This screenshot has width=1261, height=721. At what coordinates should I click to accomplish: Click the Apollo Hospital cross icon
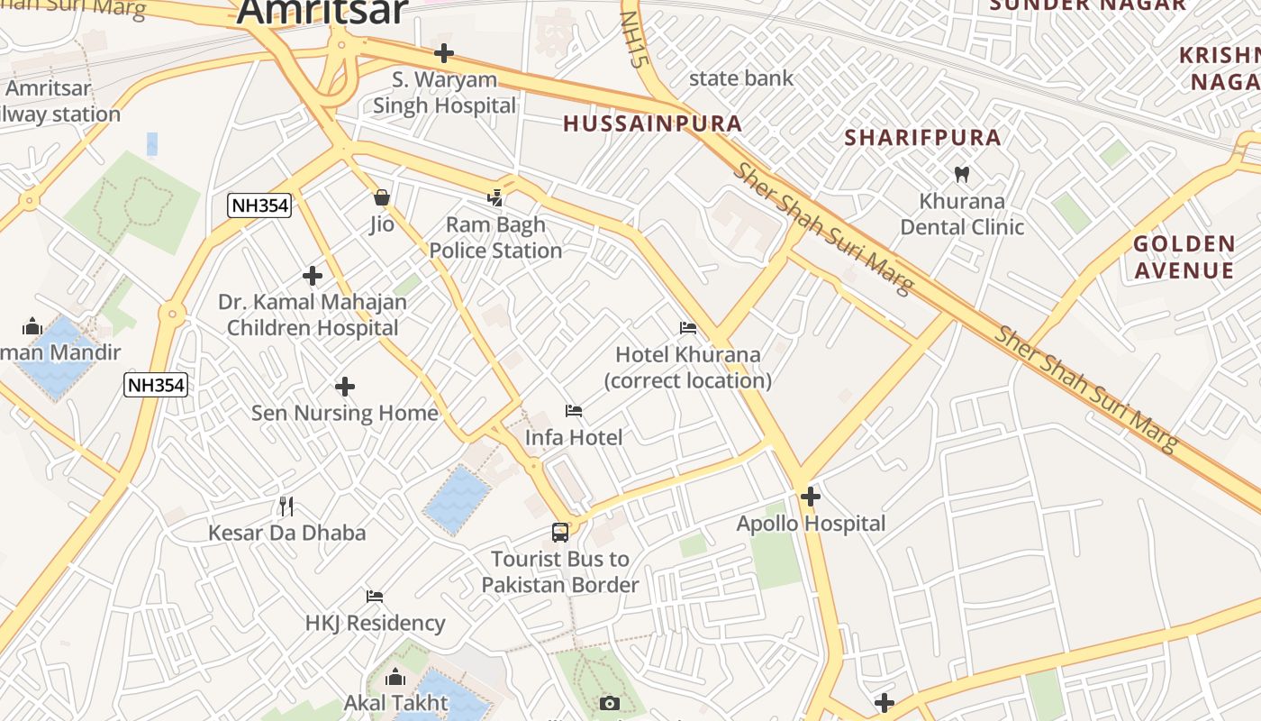pyautogui.click(x=811, y=496)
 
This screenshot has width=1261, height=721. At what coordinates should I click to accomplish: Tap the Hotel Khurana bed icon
pyautogui.click(x=688, y=328)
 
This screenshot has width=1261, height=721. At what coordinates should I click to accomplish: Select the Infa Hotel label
pyautogui.click(x=574, y=437)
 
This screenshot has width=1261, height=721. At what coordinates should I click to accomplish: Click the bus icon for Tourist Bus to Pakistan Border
pyautogui.click(x=560, y=533)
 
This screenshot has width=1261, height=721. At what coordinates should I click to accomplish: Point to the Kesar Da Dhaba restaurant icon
pyautogui.click(x=286, y=507)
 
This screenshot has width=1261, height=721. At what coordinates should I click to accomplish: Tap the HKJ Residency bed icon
pyautogui.click(x=375, y=597)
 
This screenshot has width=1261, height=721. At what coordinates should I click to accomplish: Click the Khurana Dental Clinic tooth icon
pyautogui.click(x=961, y=174)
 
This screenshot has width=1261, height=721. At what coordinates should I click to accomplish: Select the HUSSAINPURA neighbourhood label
pyautogui.click(x=653, y=124)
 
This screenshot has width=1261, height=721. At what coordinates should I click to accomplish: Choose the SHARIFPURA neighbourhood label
pyautogui.click(x=923, y=138)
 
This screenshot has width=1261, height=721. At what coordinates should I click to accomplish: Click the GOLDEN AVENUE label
pyautogui.click(x=1184, y=257)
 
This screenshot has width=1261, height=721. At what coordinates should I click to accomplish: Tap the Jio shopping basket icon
pyautogui.click(x=382, y=197)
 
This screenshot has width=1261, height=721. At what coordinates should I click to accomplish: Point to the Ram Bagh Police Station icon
pyautogui.click(x=494, y=197)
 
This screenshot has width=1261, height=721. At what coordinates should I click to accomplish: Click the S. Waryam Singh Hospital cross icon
pyautogui.click(x=444, y=53)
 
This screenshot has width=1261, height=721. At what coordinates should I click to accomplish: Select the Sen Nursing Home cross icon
pyautogui.click(x=344, y=387)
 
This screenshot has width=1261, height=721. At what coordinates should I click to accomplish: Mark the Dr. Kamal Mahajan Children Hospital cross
pyautogui.click(x=313, y=275)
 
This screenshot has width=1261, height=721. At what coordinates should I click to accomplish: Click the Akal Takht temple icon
pyautogui.click(x=395, y=678)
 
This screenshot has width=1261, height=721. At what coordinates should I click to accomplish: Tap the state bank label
pyautogui.click(x=741, y=78)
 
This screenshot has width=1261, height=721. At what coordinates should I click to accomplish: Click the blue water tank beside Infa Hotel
pyautogui.click(x=457, y=500)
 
